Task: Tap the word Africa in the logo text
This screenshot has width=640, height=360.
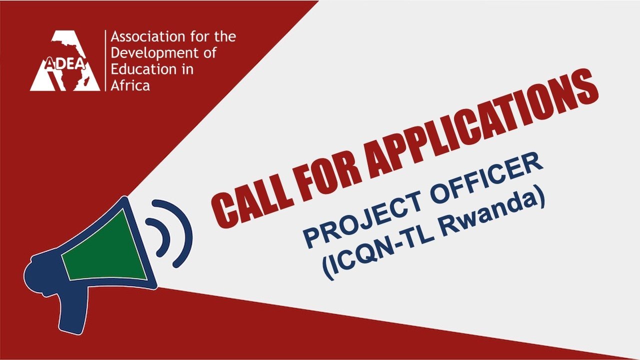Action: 130,85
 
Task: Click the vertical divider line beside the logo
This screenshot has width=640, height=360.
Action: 105,60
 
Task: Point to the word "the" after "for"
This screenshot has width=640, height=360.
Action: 225,37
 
